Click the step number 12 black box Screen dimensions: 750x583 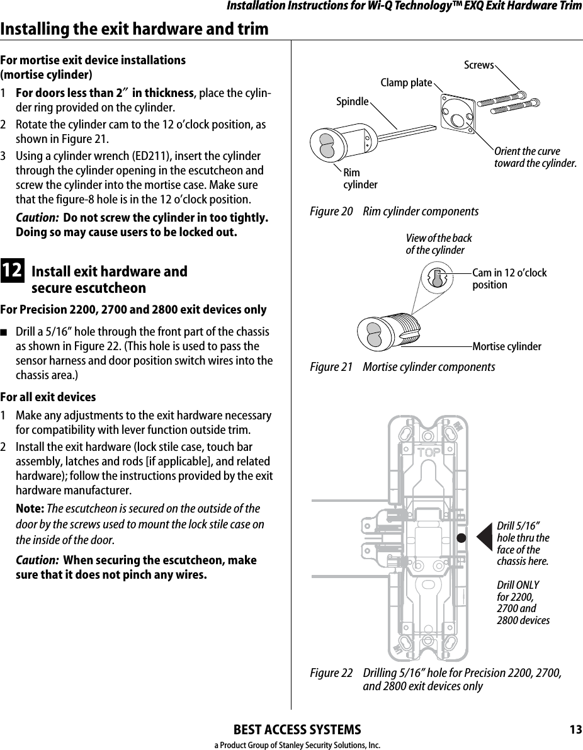coord(13,271)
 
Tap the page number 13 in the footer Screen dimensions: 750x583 coord(575,729)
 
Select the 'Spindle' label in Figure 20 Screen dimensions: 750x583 coord(352,101)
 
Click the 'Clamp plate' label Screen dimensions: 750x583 coord(406,83)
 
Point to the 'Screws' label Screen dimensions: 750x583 coord(478,65)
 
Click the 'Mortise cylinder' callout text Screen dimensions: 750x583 coord(506,346)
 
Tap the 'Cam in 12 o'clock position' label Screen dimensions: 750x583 coord(509,279)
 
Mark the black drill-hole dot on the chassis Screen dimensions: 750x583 coord(461,538)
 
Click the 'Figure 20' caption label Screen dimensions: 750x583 coord(331,212)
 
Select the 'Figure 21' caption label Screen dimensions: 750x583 coord(331,367)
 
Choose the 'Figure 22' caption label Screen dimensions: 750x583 coord(331,673)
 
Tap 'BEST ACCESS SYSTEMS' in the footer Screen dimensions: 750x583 coord(297,730)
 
